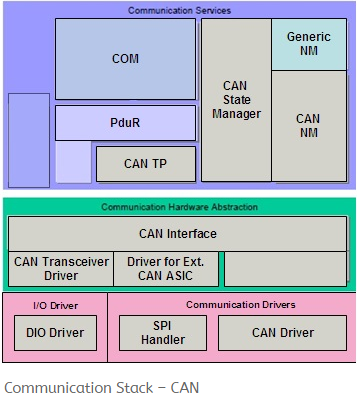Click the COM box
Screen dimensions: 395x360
tap(125, 58)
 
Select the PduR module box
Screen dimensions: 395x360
tap(125, 122)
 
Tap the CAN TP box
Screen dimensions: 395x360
tap(146, 164)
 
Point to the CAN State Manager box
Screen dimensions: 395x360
tap(236, 100)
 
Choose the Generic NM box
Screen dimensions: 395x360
tap(308, 44)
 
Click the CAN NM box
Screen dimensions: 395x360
tap(308, 126)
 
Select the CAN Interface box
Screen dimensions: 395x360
tap(177, 234)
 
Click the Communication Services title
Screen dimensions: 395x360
tap(179, 10)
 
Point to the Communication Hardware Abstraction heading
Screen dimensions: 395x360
tap(179, 207)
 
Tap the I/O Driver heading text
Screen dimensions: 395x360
tap(54, 304)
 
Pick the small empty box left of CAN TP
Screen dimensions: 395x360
tap(73, 163)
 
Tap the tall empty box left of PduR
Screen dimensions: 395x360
tap(28, 140)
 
